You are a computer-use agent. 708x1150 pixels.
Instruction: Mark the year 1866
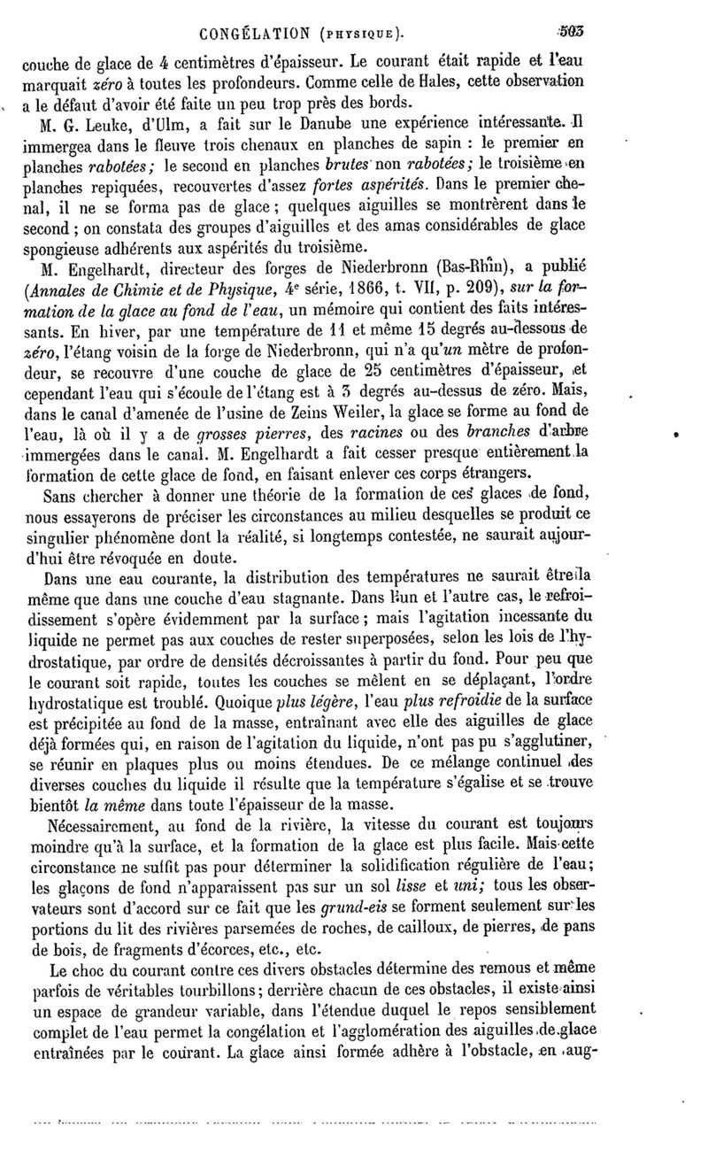coord(392,288)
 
